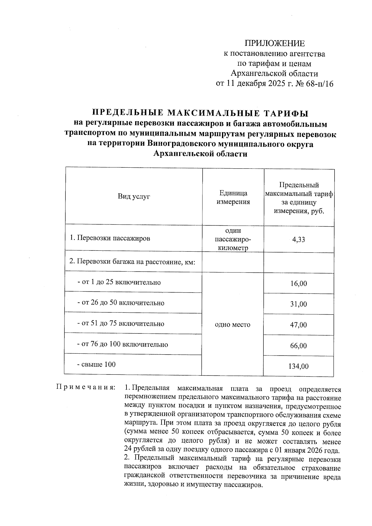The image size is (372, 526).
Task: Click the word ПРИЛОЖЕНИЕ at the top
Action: pos(275,43)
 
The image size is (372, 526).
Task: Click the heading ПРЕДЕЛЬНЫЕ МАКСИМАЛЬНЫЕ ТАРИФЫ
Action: pos(201,113)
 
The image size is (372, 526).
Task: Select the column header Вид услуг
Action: pos(134,197)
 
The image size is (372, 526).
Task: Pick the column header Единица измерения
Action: pos(233,197)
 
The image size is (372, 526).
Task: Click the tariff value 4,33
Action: pos(299,240)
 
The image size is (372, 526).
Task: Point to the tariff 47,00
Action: pos(299,325)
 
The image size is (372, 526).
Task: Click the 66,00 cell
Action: pos(299,346)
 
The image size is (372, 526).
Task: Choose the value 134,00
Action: pos(299,366)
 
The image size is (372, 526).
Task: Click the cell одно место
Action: pos(232,325)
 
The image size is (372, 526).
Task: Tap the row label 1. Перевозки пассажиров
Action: pos(110,238)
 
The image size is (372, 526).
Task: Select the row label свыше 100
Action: pos(96,365)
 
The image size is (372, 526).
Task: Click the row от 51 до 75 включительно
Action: pos(121,324)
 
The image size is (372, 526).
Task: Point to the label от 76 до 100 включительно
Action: pos(122,344)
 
